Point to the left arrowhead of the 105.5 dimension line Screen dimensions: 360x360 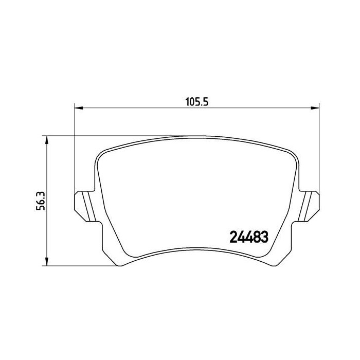point(79,108)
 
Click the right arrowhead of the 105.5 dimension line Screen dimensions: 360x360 point(316,108)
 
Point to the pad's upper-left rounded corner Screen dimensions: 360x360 point(103,153)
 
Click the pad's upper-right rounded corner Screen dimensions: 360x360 point(291,153)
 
